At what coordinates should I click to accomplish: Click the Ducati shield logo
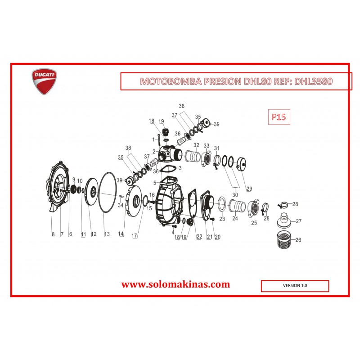pos(44,81)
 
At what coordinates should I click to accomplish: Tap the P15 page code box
pos(279,117)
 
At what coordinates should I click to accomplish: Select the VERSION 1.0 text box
pos(295,286)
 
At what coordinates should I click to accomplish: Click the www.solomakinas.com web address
pos(175,284)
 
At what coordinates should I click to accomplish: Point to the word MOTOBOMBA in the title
pos(171,81)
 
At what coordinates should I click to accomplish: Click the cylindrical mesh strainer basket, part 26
pos(284,240)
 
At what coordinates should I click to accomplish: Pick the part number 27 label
pos(298,221)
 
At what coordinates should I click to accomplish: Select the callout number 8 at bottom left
pos(53,234)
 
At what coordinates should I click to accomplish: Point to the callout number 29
pos(249,189)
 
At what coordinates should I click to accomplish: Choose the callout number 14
pos(121,234)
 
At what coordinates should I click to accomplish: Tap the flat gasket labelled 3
pos(168,169)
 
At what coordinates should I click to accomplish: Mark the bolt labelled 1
pos(159,139)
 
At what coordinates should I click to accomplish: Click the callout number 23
pos(222,219)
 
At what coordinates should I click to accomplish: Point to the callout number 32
pos(196,145)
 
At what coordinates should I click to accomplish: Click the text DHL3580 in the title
pos(313,81)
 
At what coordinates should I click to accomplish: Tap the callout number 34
pos(121,205)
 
